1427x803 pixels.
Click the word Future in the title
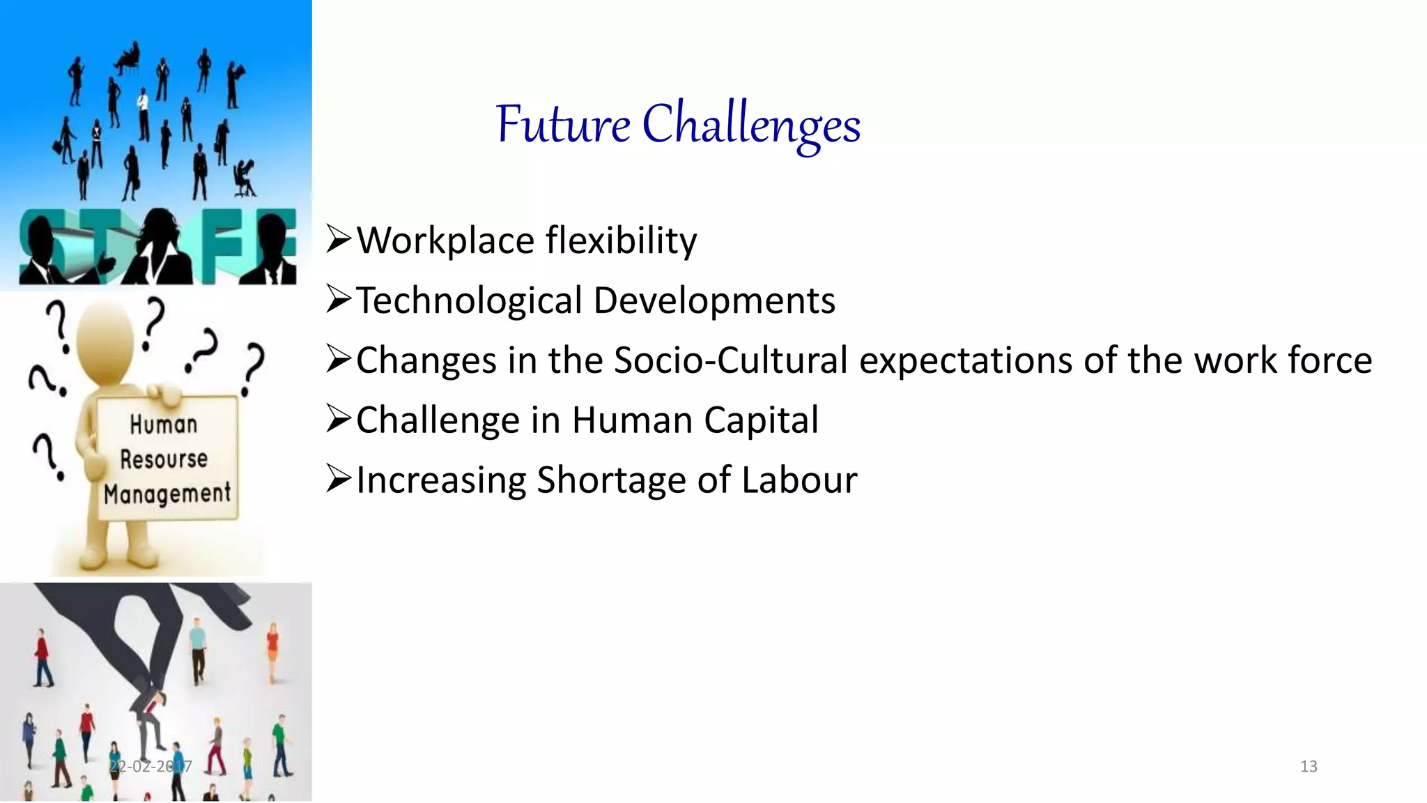563,125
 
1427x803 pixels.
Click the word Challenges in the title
751,125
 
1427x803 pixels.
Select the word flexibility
621,241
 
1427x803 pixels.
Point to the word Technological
469,301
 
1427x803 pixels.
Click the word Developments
714,301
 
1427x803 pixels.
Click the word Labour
799,481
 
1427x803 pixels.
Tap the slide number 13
1309,767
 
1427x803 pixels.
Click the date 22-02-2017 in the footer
151,767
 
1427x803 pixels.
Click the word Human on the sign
164,425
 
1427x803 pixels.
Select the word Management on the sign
167,494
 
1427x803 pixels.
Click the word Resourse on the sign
164,459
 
